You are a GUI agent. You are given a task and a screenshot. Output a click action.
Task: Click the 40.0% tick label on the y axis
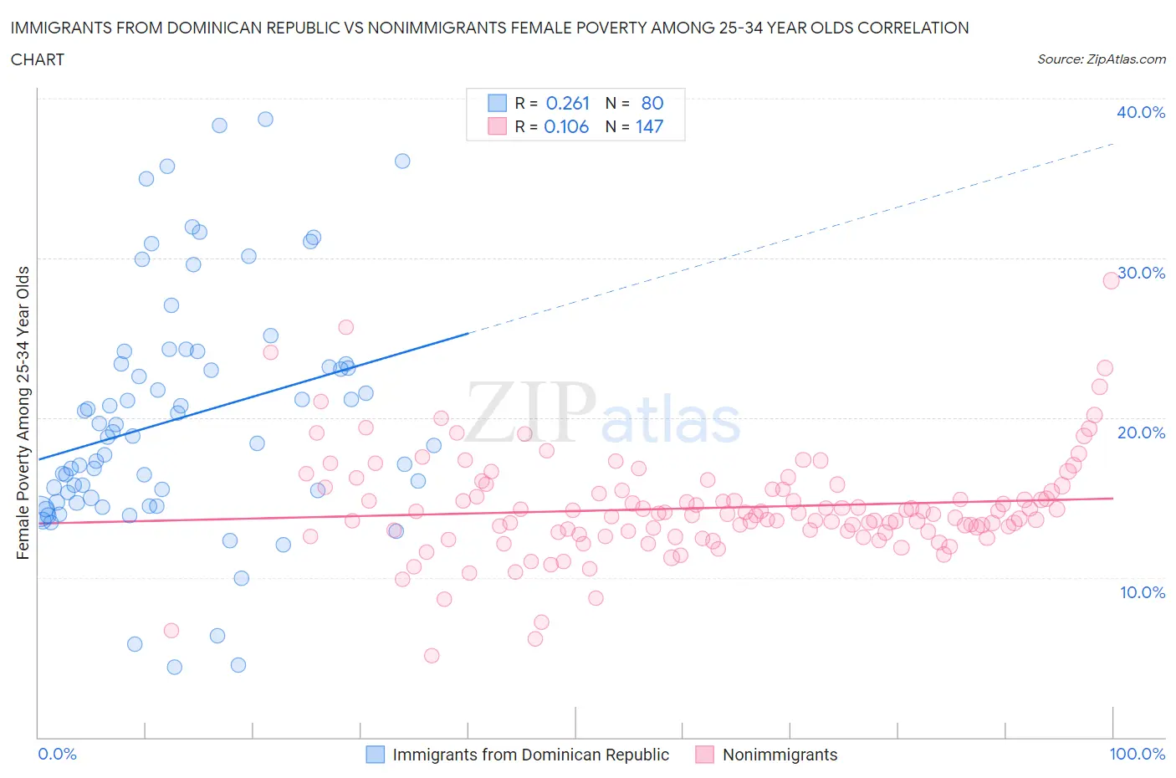point(1140,112)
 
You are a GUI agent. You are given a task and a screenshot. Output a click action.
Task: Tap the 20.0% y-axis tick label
point(1141,433)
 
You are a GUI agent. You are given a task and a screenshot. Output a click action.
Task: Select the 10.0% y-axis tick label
point(1141,592)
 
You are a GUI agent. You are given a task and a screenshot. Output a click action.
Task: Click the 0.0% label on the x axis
point(57,754)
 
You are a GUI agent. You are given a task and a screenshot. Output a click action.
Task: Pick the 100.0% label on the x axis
point(1137,754)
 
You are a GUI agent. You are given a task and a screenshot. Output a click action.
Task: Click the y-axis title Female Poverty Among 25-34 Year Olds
point(23,412)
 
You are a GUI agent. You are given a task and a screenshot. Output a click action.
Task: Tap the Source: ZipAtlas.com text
point(1101,59)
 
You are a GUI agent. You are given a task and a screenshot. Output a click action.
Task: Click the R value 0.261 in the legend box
point(568,103)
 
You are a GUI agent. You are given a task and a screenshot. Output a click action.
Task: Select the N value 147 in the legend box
point(649,127)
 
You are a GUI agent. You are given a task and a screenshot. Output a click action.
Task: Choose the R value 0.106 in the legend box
point(566,127)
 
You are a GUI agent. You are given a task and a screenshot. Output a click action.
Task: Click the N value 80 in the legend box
point(652,103)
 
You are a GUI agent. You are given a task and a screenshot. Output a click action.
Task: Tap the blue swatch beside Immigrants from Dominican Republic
point(376,755)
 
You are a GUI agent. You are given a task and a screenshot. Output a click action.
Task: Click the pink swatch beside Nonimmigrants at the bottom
point(705,755)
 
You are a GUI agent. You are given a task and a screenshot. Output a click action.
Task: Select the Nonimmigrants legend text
point(780,755)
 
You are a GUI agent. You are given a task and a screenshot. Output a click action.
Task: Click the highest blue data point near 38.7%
point(265,119)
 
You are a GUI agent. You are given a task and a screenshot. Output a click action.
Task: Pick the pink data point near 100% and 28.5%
point(1111,280)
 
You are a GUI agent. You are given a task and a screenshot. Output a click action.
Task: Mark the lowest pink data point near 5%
point(432,655)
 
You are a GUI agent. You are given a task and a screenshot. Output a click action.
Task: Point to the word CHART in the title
point(38,59)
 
